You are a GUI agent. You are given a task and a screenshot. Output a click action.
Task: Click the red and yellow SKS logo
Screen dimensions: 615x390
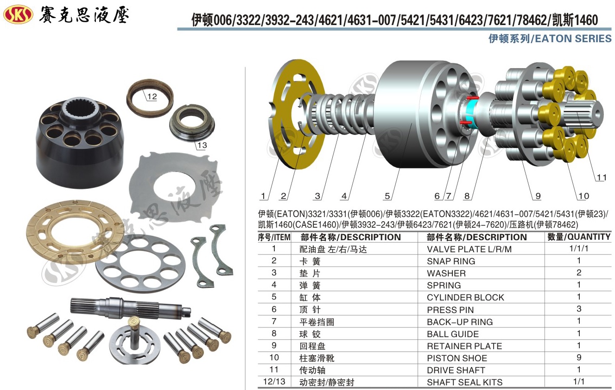(x=18, y=14)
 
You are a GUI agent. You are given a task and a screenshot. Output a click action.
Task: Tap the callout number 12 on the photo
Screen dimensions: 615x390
(x=152, y=96)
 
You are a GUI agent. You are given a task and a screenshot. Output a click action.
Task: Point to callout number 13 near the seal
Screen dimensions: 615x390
(x=202, y=145)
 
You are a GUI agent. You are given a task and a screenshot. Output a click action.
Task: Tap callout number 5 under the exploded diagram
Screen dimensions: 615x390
(x=387, y=196)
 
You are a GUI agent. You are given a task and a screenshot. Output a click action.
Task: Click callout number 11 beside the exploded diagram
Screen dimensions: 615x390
(x=602, y=178)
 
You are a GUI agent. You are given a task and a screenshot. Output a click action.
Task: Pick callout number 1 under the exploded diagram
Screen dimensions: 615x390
(x=263, y=196)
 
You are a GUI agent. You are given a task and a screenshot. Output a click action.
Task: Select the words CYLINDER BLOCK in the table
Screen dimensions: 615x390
(x=465, y=297)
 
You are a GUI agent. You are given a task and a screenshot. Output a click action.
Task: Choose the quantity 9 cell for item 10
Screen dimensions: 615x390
(x=579, y=358)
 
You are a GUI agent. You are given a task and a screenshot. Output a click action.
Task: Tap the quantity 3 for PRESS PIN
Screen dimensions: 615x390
(x=579, y=309)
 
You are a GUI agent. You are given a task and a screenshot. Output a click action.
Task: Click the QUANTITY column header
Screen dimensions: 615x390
(x=579, y=237)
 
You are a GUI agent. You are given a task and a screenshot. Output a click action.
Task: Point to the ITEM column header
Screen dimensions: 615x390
(x=274, y=237)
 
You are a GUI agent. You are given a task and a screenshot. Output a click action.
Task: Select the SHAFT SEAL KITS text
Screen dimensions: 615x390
(x=464, y=382)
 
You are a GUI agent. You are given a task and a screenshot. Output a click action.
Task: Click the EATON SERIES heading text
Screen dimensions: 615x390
(x=573, y=38)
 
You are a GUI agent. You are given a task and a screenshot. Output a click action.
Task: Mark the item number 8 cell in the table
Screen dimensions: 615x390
(x=274, y=333)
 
